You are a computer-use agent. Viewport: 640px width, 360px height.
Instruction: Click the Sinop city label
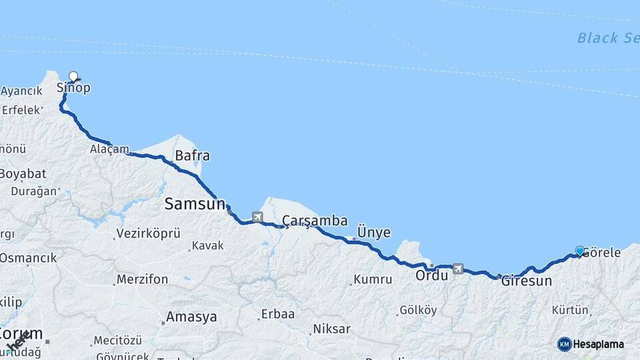click(x=73, y=88)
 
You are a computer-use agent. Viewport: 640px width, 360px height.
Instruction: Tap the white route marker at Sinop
click(x=73, y=77)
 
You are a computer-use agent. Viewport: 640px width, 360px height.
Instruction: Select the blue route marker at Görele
click(x=580, y=251)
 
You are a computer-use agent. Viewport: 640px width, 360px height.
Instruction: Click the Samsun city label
click(x=195, y=205)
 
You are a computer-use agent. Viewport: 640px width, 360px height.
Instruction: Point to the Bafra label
click(x=192, y=157)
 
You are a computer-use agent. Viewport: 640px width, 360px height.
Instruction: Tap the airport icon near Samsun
click(x=257, y=217)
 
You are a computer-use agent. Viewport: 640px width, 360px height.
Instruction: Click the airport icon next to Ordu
click(x=458, y=269)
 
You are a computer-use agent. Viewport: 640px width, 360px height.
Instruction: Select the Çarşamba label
click(x=314, y=221)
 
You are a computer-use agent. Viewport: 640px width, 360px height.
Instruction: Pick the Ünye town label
click(x=374, y=232)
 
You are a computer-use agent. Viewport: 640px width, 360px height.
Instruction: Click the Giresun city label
click(x=527, y=281)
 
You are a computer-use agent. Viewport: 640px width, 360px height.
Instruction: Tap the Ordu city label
click(x=431, y=275)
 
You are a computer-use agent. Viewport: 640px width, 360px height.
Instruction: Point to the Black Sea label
click(x=607, y=38)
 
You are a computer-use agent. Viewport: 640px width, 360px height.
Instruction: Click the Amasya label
click(x=192, y=317)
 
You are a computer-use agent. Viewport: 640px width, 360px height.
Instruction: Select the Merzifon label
click(x=142, y=279)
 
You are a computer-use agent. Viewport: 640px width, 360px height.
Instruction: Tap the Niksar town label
click(x=332, y=329)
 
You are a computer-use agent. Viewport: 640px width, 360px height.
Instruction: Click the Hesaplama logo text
click(x=599, y=344)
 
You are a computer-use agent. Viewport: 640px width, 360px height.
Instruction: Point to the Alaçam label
click(x=109, y=149)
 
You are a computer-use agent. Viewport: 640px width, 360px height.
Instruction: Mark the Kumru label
click(x=373, y=279)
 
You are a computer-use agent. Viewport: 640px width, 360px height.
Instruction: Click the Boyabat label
click(x=23, y=173)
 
